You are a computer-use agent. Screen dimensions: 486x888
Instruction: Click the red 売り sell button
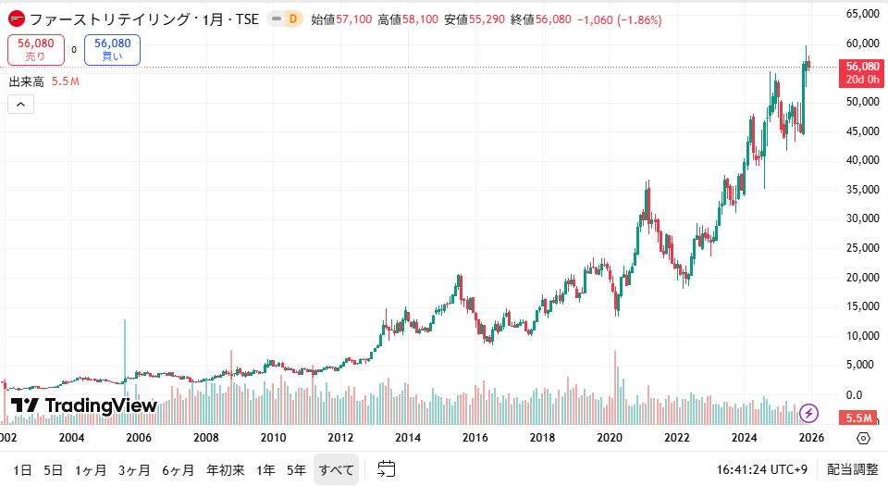35,50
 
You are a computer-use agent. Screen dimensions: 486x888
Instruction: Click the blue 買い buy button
112,50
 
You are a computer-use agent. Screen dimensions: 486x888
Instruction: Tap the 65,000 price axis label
862,14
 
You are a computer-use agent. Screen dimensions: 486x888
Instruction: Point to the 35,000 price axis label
862,190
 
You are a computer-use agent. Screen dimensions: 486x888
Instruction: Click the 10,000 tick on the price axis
862,336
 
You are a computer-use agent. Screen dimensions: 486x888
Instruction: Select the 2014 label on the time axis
408,438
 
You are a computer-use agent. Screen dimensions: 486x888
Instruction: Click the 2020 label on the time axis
609,438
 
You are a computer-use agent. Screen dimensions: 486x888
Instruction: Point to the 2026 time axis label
810,438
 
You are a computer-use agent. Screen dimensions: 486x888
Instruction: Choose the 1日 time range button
22,469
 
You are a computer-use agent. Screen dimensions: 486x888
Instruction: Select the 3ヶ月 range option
134,469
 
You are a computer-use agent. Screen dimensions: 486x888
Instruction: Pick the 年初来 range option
226,469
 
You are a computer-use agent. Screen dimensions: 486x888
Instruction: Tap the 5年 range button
296,469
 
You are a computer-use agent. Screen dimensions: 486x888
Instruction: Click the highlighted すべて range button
337,469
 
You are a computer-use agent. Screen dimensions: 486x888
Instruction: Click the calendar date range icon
387,469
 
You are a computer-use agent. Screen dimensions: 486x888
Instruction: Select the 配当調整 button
853,469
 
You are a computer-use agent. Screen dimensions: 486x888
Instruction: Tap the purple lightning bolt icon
809,413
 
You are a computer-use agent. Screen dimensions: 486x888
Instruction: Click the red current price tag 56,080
861,67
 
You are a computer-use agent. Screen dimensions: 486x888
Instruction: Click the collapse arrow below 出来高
20,105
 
